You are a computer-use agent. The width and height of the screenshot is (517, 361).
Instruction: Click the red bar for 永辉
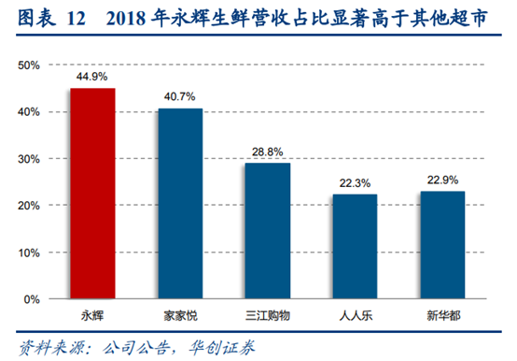pyautogui.click(x=92, y=194)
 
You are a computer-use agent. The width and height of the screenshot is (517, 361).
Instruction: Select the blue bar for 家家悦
pyautogui.click(x=179, y=204)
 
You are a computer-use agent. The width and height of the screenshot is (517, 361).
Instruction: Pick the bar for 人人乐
pyautogui.click(x=355, y=246)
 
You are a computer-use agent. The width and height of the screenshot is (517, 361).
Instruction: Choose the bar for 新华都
pyautogui.click(x=441, y=245)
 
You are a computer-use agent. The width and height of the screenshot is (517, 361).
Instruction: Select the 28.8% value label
pyautogui.click(x=267, y=152)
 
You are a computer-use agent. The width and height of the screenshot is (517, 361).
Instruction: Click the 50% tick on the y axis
pyautogui.click(x=29, y=65)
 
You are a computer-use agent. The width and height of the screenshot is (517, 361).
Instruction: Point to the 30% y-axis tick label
pyautogui.click(x=29, y=159)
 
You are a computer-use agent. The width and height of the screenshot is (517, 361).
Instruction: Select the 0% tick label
pyautogui.click(x=32, y=299)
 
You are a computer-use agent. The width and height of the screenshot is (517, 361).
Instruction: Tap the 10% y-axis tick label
pyautogui.click(x=29, y=253)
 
